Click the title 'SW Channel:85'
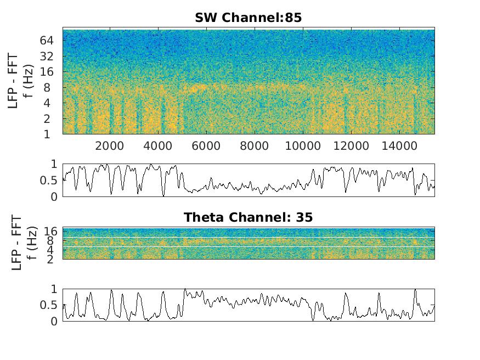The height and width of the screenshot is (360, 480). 248,18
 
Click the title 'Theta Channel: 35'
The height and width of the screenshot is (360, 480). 248,217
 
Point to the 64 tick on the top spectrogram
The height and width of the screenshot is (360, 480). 46,40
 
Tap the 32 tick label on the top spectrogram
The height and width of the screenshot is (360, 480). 46,56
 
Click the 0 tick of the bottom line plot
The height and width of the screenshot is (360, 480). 53,322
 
